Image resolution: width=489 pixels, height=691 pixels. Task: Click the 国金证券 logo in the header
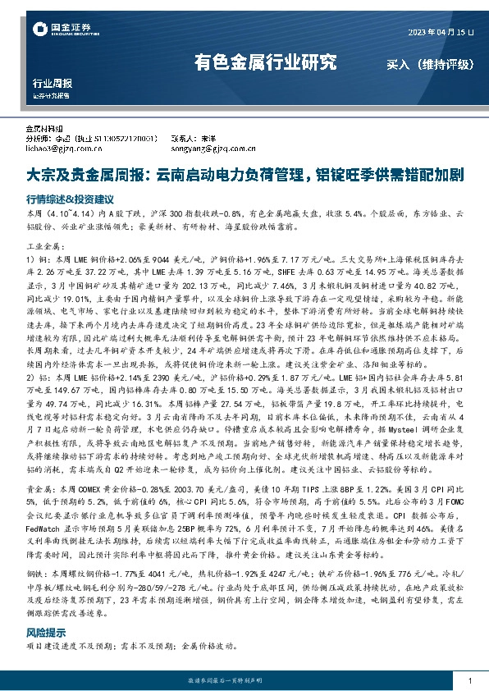point(62,30)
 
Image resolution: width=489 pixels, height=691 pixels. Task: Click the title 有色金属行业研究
point(264,62)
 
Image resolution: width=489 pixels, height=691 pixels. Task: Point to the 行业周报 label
point(52,83)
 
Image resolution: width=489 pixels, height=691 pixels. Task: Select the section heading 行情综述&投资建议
point(69,199)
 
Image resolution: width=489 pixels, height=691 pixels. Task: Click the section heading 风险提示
point(46,634)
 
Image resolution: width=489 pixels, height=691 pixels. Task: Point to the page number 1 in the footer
point(468,680)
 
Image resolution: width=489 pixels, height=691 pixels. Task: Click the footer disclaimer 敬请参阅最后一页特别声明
point(244,681)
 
